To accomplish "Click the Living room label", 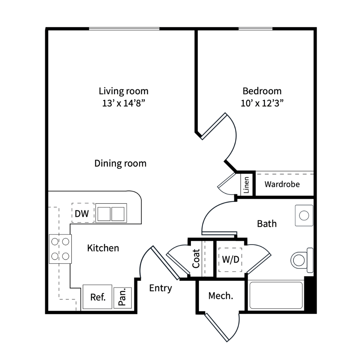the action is click(124, 91).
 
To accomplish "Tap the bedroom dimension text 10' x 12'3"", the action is click(262, 103).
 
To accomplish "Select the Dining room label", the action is click(120, 163).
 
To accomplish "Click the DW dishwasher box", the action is click(83, 213).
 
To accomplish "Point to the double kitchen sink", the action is click(111, 213).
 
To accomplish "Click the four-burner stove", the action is click(60, 249).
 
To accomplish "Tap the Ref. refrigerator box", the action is click(97, 297).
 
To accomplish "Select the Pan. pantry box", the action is click(123, 298).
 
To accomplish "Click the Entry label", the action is click(160, 288).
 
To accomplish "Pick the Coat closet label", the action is click(196, 259).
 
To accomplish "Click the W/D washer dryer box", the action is click(230, 260).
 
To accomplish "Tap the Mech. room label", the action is click(221, 296).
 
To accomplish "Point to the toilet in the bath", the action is click(302, 260).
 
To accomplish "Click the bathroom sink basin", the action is click(304, 215).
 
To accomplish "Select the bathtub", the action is click(276, 295).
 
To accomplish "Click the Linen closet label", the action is click(246, 185).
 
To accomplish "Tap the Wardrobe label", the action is click(282, 184).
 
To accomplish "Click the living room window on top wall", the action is click(124, 29).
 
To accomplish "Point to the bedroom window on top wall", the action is click(256, 29).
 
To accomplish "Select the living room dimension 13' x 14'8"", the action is click(124, 103).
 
